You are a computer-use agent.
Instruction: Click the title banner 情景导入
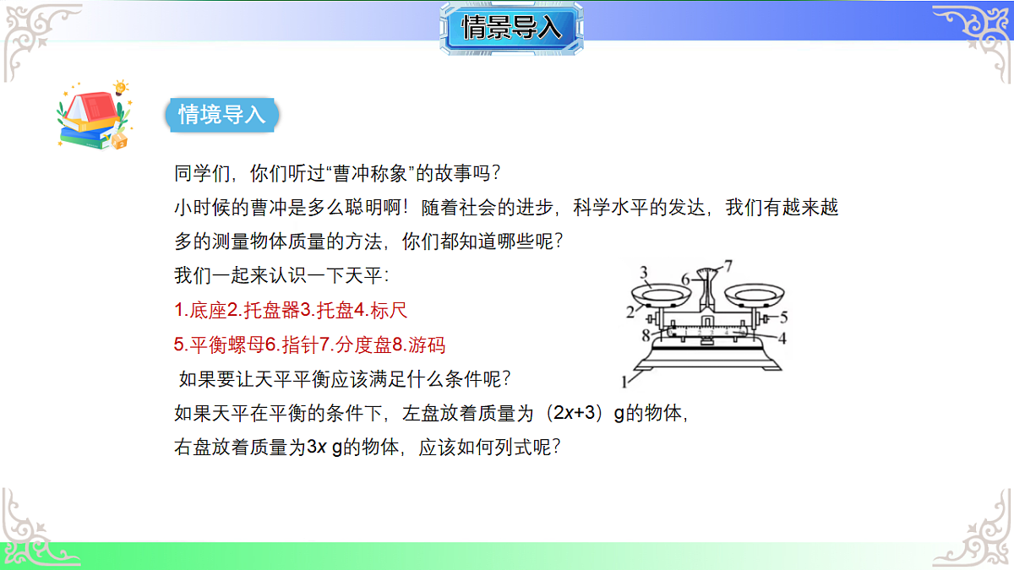pyautogui.click(x=511, y=28)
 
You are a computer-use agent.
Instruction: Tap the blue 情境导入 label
pyautogui.click(x=222, y=115)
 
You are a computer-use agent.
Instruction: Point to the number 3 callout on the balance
pyautogui.click(x=643, y=272)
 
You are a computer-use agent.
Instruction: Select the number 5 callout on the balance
pyautogui.click(x=783, y=318)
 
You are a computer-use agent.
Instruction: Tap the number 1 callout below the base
pyautogui.click(x=625, y=382)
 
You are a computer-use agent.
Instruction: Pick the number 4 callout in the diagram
pyautogui.click(x=782, y=339)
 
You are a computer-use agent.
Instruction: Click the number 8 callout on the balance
pyautogui.click(x=645, y=335)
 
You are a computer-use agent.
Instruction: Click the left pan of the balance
pyautogui.click(x=662, y=296)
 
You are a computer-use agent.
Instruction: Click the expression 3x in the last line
pyautogui.click(x=315, y=448)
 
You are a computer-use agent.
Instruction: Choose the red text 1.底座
pyautogui.click(x=201, y=311)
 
